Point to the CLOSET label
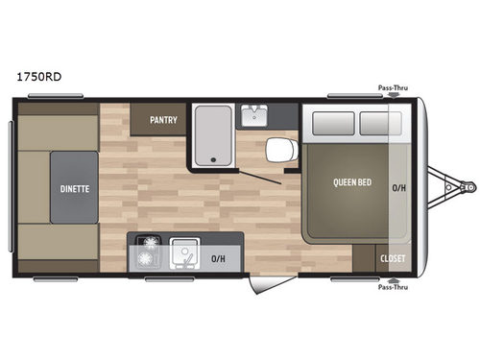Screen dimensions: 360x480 point(393,259)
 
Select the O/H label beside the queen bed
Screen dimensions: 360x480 point(398,188)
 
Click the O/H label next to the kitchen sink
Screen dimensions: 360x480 point(217,258)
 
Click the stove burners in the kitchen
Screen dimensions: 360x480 point(150,255)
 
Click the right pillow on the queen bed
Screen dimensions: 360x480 point(374,123)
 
